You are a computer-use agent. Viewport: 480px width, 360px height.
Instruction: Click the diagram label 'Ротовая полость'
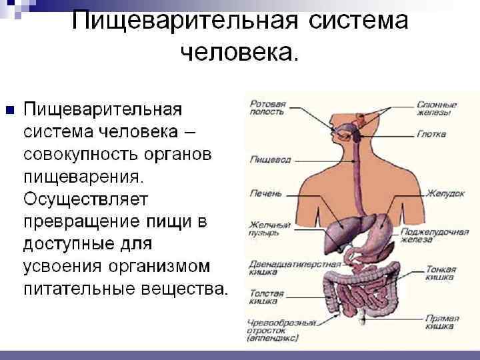268,109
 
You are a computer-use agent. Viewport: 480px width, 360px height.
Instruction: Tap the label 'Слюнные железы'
437,109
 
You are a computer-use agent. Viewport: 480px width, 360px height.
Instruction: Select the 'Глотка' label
431,133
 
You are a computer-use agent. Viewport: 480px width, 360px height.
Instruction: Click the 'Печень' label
265,193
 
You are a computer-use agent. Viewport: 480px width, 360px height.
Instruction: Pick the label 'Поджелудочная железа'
444,235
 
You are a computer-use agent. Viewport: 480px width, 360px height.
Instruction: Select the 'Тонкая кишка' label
441,273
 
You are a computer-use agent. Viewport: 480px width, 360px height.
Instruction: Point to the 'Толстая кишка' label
266,297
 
